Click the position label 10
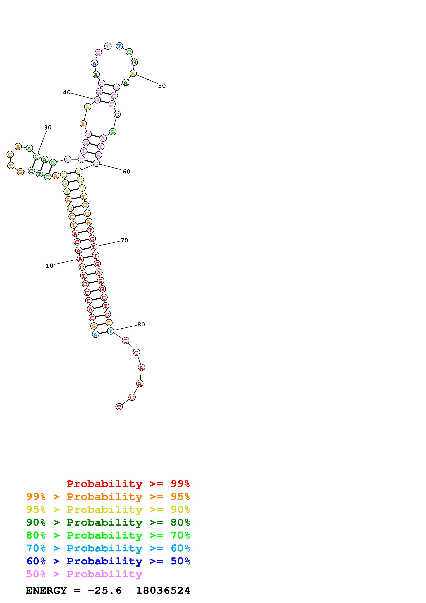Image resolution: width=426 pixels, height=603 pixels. pos(50,266)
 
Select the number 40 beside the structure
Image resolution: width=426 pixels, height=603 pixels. pos(67,92)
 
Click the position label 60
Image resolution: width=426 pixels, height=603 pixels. pos(126,172)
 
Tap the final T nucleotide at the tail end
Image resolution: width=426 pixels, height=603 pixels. pos(119,407)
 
